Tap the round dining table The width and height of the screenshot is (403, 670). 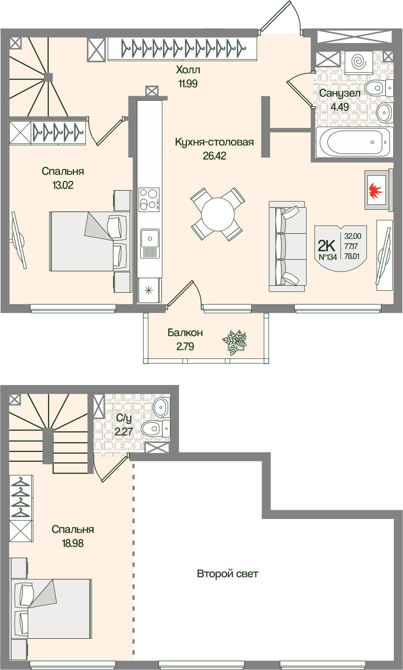[218, 214]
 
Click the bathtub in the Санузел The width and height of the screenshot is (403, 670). [354, 142]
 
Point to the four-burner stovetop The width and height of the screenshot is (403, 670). [150, 199]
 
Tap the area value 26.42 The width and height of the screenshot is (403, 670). [214, 156]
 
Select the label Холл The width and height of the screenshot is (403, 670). [188, 70]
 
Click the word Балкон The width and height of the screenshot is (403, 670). [185, 332]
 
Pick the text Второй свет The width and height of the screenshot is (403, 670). [228, 574]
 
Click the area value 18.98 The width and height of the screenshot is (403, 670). [73, 543]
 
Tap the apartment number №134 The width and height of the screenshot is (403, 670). [328, 257]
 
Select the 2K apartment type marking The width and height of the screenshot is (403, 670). [327, 246]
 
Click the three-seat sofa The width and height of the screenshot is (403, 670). [287, 246]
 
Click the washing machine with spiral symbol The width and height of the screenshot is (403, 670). [358, 62]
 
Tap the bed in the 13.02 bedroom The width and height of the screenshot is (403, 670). [90, 241]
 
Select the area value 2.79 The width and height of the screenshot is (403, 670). [185, 346]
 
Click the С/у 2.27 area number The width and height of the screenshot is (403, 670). [124, 432]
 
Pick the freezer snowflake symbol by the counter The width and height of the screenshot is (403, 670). [149, 290]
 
